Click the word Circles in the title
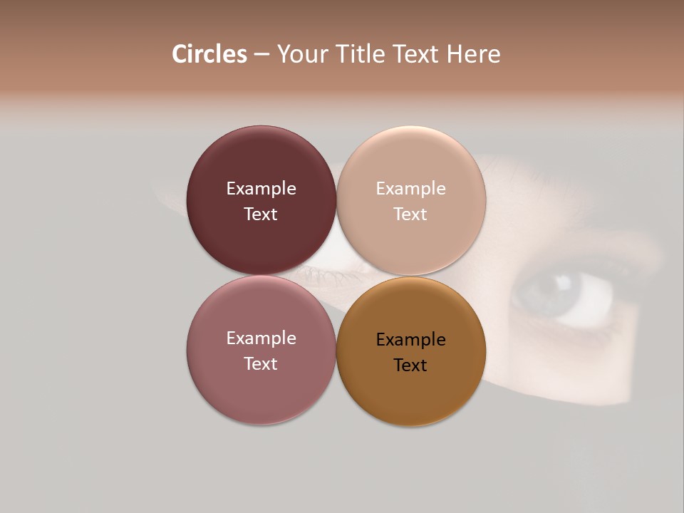(209, 54)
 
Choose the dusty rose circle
(261, 392)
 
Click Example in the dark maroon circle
(261, 189)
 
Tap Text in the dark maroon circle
(261, 214)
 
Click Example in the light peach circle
(411, 189)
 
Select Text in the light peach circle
(411, 214)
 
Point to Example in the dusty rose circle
(261, 338)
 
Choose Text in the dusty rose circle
(261, 363)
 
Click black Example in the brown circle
(411, 340)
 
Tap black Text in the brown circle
(411, 365)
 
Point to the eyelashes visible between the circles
(324, 274)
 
